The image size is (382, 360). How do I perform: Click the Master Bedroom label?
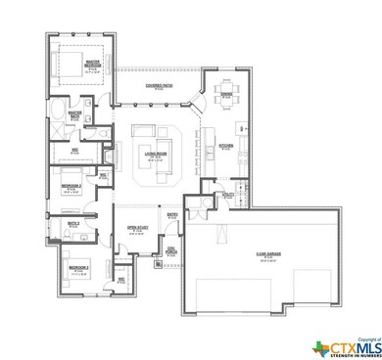click(94, 65)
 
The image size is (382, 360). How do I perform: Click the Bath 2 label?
click(72, 225)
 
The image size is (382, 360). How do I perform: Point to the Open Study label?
click(136, 231)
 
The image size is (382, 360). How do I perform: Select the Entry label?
click(170, 215)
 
